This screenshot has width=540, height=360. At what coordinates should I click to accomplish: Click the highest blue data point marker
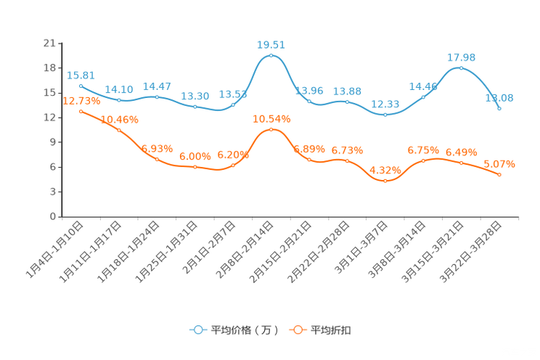coord(271,55)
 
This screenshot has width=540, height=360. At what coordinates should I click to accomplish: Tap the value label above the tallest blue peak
coord(271,44)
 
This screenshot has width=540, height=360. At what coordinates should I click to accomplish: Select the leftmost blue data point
coord(81,86)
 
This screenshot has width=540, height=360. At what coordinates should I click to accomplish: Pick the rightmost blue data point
coord(499,109)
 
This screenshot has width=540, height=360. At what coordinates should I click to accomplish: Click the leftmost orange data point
coord(81,111)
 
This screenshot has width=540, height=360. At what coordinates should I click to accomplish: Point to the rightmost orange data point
coord(499,174)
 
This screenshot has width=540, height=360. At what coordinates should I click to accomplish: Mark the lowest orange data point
coord(385,180)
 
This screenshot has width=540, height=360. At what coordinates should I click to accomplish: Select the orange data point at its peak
coord(271,129)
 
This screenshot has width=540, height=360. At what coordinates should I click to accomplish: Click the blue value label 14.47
coord(157,86)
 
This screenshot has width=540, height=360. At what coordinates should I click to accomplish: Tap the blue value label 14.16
coord(118,89)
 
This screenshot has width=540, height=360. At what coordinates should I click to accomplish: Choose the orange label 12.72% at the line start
coord(80,101)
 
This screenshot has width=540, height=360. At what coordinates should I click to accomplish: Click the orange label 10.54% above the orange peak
coord(271,118)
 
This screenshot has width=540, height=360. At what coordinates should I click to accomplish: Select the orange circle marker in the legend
coord(298,330)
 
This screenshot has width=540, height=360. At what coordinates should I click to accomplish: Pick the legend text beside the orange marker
coord(331,330)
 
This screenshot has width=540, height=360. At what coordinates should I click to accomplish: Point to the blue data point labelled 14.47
coord(157,97)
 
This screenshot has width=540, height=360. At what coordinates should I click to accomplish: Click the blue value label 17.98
coord(462,57)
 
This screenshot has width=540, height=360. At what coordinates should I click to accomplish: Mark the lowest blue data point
coord(385,115)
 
